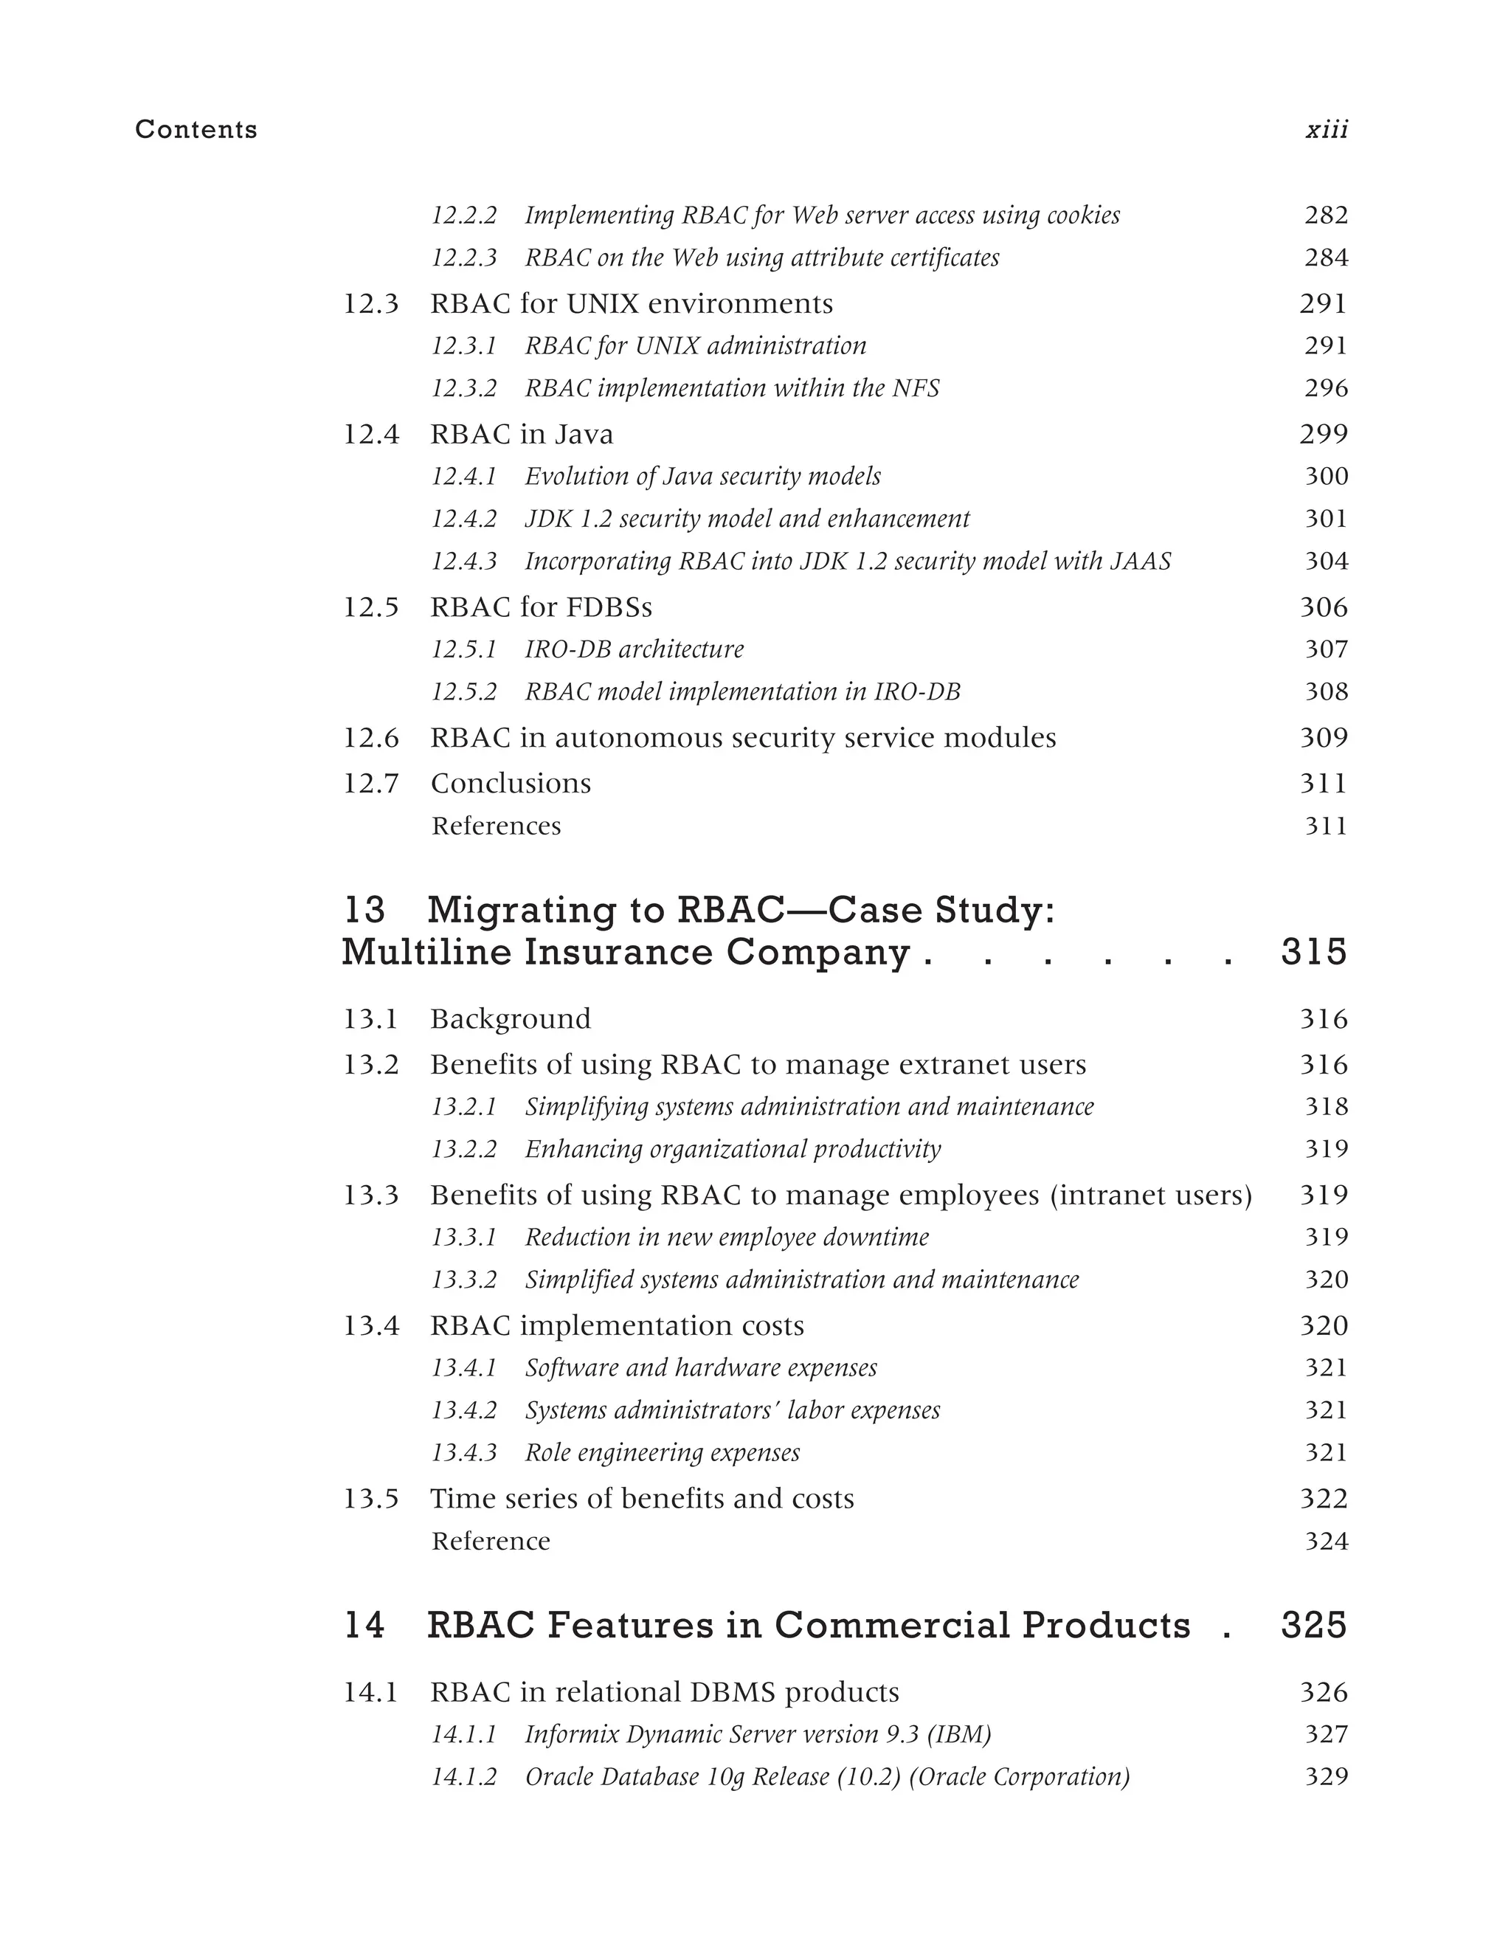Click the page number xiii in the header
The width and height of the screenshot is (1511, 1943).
coord(1326,130)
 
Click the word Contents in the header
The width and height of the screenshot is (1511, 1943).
coord(196,130)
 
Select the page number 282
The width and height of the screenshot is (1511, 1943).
coord(1326,215)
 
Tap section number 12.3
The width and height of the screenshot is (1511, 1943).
coord(371,304)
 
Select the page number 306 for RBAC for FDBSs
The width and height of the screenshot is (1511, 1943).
coord(1324,607)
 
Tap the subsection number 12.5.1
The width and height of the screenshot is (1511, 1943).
coord(463,649)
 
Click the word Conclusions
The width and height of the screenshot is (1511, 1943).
coord(511,784)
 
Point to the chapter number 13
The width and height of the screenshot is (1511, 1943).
coord(364,910)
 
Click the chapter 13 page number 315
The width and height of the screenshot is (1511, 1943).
coord(1313,953)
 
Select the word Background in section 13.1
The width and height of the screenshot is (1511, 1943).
coord(511,1018)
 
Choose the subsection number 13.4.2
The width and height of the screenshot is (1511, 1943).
coord(463,1411)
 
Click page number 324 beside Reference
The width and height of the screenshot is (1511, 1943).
coord(1326,1542)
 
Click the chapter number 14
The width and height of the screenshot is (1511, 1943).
coord(364,1626)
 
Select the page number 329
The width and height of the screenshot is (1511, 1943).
coord(1326,1777)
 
